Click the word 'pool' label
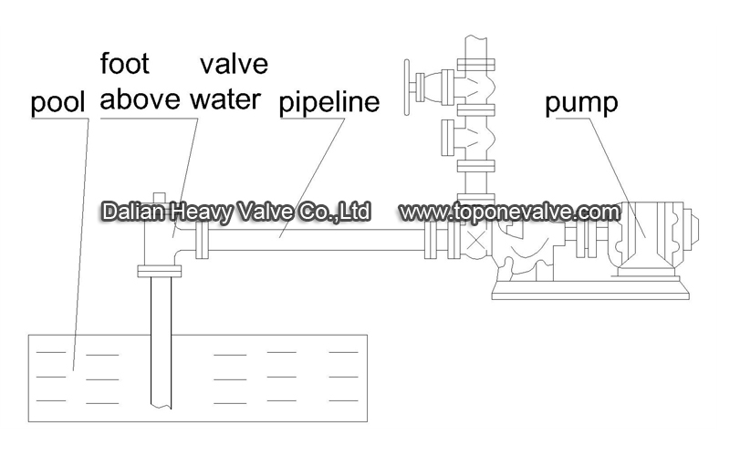pos(57,102)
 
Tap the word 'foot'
pos(125,63)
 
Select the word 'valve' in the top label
pos(235,64)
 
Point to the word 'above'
pos(141,98)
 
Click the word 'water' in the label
pos(225,99)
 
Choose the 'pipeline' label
pos(329,102)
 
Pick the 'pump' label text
pos(581,103)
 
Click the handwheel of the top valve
pos(407,87)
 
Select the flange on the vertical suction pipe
pos(159,271)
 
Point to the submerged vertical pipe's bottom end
pos(162,406)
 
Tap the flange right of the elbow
pos(202,240)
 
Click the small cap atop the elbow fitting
pos(160,197)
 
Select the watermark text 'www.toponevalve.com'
pos(510,212)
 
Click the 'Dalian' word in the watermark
pos(133,212)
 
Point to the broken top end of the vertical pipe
pos(475,36)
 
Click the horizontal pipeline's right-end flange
pos(431,240)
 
